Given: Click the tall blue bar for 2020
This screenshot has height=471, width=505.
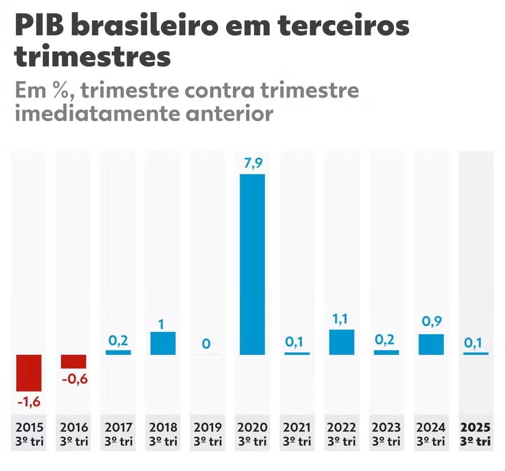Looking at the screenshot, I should tap(252, 264).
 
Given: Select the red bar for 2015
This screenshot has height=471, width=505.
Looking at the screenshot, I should tap(29, 373).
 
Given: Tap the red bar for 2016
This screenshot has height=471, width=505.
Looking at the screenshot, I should tap(74, 361).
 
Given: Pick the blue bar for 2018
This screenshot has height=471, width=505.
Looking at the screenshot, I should tap(163, 343).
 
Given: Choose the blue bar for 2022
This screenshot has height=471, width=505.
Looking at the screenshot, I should tap(341, 342).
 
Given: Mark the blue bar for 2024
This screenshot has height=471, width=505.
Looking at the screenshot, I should tap(431, 344).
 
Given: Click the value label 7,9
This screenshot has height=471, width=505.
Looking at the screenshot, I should tap(252, 164).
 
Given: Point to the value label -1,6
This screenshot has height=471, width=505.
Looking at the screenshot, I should tap(29, 402).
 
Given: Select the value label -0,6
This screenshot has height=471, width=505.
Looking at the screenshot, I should tap(74, 379).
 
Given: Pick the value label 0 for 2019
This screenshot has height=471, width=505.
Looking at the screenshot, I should tap(207, 344).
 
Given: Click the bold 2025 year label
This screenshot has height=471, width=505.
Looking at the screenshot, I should tap(476, 427).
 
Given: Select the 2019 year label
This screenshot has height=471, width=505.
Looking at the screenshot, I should tap(208, 427).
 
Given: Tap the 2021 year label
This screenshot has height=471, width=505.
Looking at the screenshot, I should tap(297, 427).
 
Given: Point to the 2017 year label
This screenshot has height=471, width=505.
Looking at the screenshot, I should tap(119, 427).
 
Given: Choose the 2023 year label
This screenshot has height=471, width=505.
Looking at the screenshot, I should tap(386, 427).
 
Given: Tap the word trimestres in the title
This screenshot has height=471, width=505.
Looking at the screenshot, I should tap(92, 57).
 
